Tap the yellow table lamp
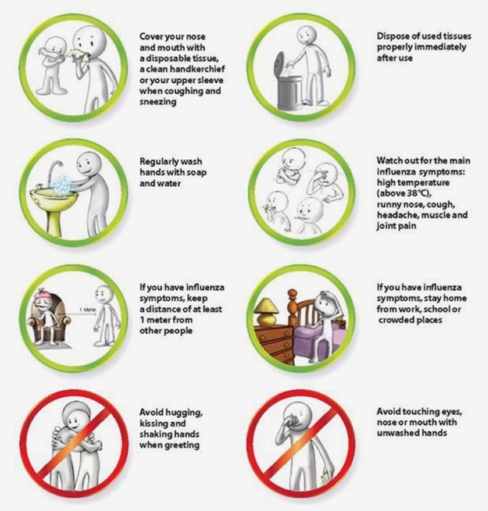click(266, 312)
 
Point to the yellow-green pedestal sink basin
click(54, 196)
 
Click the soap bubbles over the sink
click(62, 185)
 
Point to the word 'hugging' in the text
click(185, 413)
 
